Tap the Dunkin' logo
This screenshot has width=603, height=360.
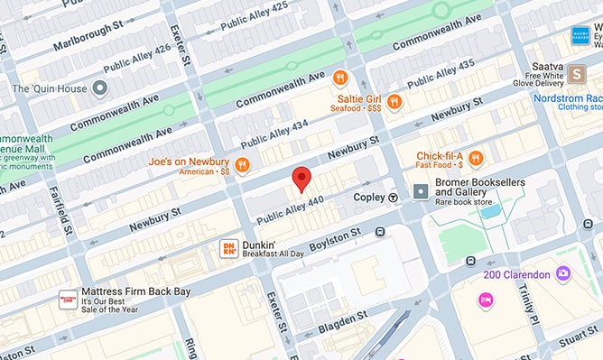tap(228, 248)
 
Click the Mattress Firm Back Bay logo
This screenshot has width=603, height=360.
tap(68, 300)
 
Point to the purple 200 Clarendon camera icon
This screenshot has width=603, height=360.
tap(563, 272)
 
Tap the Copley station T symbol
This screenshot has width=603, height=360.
tap(393, 197)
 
